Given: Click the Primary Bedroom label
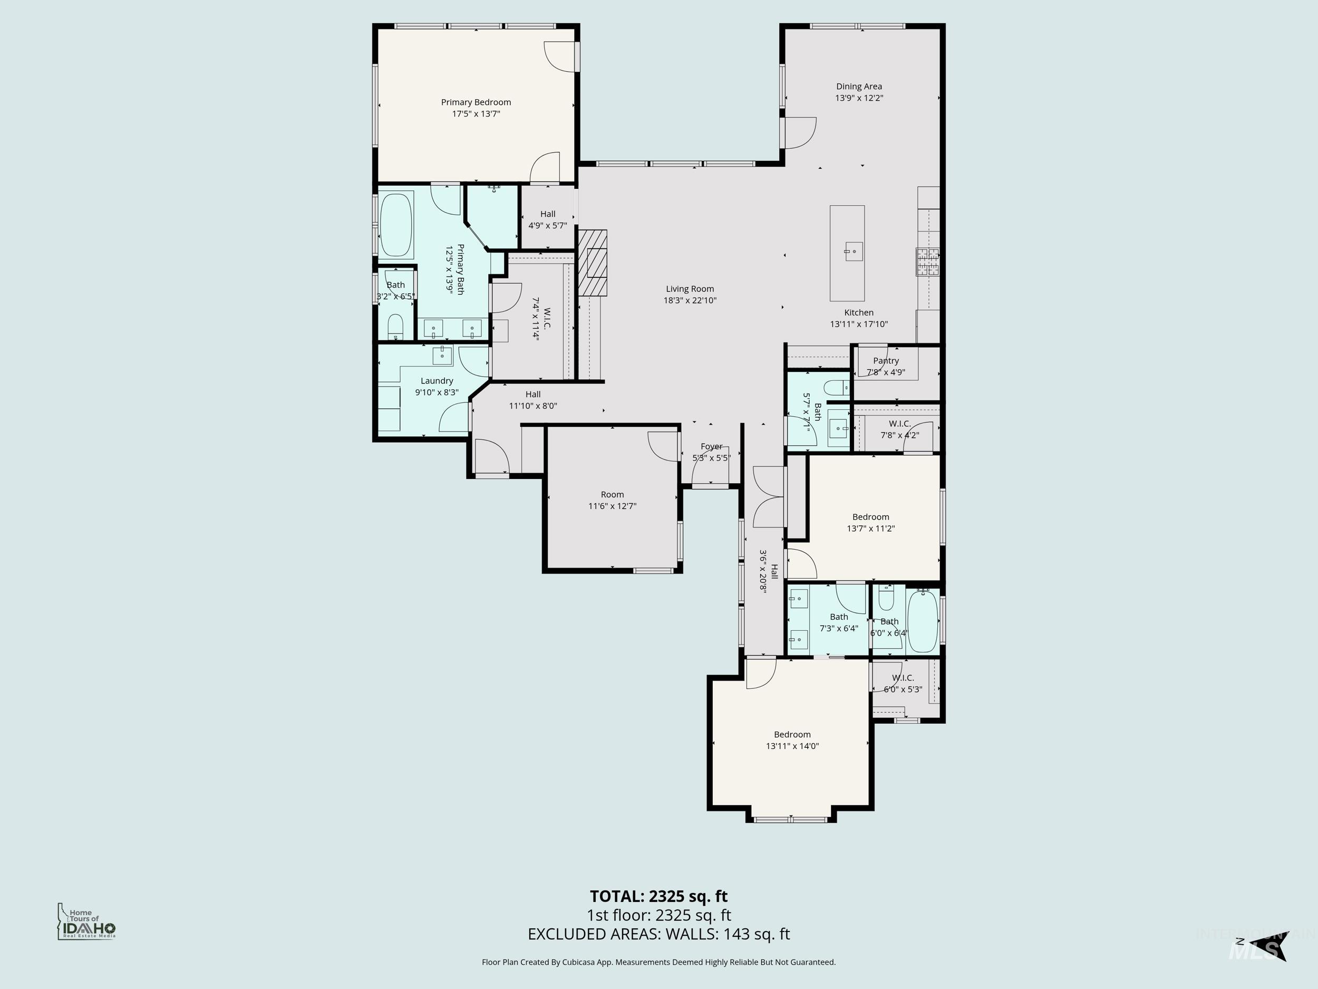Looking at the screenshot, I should tap(476, 102).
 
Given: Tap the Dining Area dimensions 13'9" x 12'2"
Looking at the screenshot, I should tap(859, 98).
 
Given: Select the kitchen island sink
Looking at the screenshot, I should tap(853, 251).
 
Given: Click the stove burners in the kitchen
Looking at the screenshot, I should tap(927, 262).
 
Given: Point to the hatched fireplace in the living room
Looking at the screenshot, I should tap(594, 263).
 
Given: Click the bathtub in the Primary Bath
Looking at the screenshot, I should tap(395, 225).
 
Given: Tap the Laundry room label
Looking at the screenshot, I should tap(437, 381).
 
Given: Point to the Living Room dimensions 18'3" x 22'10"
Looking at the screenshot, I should tap(690, 301).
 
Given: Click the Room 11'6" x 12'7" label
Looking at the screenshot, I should tap(612, 495).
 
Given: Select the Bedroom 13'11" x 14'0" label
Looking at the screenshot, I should tap(792, 734).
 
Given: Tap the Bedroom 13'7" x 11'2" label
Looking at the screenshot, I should tap(870, 517).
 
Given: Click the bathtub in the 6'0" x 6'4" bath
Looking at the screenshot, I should tap(923, 621).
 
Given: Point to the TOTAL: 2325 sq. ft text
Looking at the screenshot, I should tap(658, 896).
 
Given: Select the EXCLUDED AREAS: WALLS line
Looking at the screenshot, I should tap(658, 934).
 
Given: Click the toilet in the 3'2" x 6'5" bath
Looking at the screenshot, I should tap(395, 327).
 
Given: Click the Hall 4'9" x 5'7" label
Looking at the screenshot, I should tap(548, 214).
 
